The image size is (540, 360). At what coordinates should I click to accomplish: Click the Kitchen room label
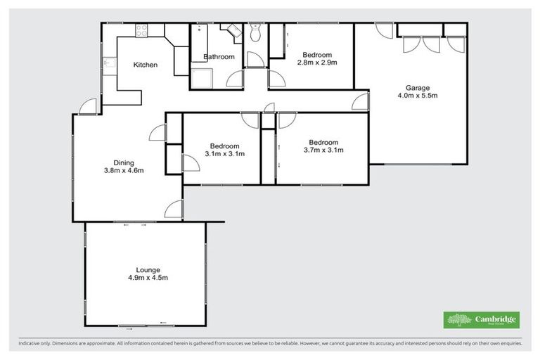tap(146, 65)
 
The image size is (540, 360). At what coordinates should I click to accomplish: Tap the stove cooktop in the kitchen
tap(141, 30)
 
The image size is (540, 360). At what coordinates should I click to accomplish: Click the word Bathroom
tap(219, 57)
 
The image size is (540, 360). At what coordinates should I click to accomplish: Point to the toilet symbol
tap(255, 32)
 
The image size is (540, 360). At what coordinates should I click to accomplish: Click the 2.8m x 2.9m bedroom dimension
tap(320, 63)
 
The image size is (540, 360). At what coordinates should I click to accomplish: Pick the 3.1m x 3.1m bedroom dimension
tap(224, 155)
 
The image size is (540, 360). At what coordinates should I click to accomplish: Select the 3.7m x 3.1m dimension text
tap(323, 149)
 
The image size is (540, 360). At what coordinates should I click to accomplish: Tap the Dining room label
tap(124, 161)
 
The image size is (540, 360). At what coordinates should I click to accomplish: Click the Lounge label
tap(148, 269)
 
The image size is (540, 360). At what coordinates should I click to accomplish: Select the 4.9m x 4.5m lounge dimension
tap(148, 278)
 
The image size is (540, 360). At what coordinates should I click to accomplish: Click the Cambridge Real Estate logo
tap(482, 320)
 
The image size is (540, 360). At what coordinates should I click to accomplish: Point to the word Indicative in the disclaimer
tap(32, 344)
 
